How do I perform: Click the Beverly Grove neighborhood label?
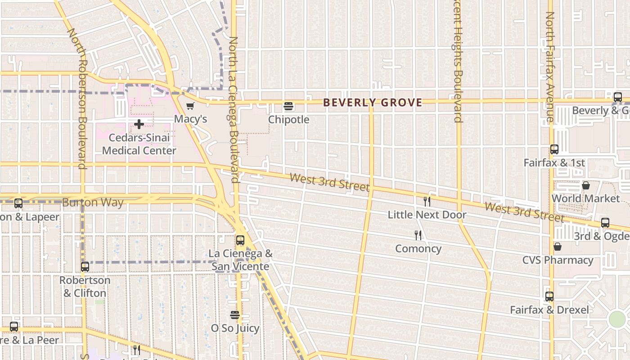click(373, 103)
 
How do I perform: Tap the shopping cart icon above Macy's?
click(190, 106)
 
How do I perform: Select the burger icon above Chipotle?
click(288, 107)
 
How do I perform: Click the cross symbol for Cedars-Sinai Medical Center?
click(139, 124)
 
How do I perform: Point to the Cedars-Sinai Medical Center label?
click(139, 144)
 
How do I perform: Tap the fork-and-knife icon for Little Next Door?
click(427, 201)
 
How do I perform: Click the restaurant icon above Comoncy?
click(418, 235)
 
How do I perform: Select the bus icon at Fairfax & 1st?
click(554, 149)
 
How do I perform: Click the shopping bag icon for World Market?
click(586, 185)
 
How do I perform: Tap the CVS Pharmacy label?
click(558, 260)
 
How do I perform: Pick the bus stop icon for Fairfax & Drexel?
click(549, 297)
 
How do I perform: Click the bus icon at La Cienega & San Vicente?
click(240, 240)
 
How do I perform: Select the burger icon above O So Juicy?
click(235, 315)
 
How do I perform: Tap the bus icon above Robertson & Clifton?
click(85, 266)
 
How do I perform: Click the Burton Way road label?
click(93, 202)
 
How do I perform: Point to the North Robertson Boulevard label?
click(76, 99)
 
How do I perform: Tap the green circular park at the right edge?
click(617, 319)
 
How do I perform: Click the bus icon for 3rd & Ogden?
click(605, 223)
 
